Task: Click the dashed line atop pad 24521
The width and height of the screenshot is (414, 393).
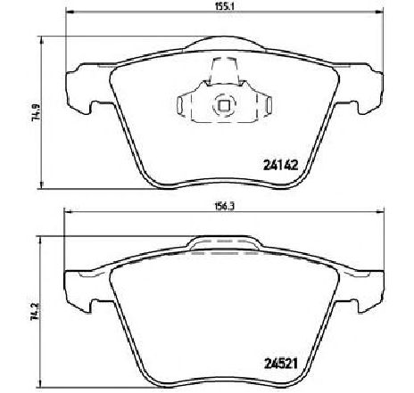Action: pos(224,253)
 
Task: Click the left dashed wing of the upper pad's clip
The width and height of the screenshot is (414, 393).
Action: pos(187,106)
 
